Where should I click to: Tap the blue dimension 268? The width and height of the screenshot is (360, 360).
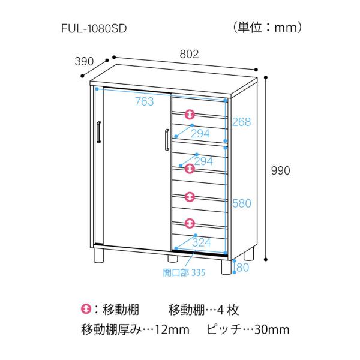coord(241,122)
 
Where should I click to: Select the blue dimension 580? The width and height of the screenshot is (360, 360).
coord(241,203)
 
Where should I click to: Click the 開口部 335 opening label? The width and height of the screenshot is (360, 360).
coord(184,273)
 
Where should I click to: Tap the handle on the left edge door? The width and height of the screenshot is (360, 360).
coord(98,133)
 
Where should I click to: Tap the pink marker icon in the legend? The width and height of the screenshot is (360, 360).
coord(86,310)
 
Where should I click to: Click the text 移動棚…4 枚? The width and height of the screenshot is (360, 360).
coord(204,310)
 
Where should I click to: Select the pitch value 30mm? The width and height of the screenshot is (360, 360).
coord(273,329)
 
